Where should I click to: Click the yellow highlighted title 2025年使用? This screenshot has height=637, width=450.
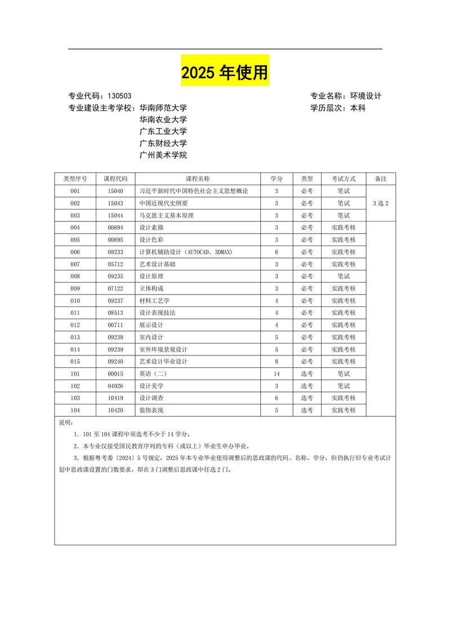point(225,73)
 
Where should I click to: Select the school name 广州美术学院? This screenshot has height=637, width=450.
point(163,155)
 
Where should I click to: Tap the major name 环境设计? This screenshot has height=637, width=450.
point(366,96)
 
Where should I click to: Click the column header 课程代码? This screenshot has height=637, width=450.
point(115,179)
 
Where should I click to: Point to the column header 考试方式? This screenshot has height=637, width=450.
point(344,179)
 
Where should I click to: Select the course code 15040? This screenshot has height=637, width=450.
point(115,191)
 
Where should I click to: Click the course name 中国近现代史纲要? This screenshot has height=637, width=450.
point(163,203)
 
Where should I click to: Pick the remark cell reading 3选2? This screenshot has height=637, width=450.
point(381,203)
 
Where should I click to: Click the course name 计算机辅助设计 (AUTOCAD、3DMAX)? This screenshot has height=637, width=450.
point(185,252)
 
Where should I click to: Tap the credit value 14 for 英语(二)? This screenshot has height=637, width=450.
point(277,374)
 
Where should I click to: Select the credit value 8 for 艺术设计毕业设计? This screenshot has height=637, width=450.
point(277,362)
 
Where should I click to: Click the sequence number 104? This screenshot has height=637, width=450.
point(75,411)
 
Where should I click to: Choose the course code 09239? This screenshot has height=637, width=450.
point(115,350)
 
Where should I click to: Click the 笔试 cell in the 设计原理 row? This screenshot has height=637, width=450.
point(344,277)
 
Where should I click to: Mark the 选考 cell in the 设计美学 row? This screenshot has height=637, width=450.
point(307,386)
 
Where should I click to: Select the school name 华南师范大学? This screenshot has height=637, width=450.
point(163,108)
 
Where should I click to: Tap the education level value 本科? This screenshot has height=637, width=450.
point(358,108)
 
